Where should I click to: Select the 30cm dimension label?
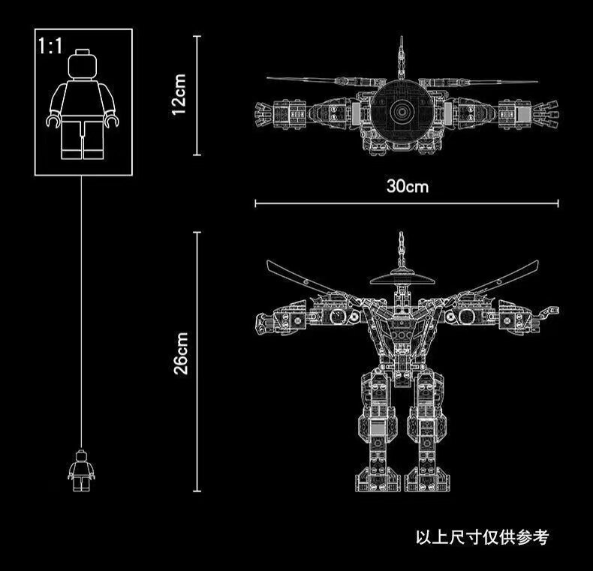click(x=407, y=185)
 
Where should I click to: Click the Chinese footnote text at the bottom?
click(x=482, y=537)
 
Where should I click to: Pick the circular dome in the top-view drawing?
click(x=404, y=110)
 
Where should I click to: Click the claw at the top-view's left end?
click(x=262, y=113)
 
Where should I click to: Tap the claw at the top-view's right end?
click(x=548, y=114)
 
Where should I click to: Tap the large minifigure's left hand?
click(x=53, y=119)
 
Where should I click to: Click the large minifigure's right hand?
click(x=113, y=119)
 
